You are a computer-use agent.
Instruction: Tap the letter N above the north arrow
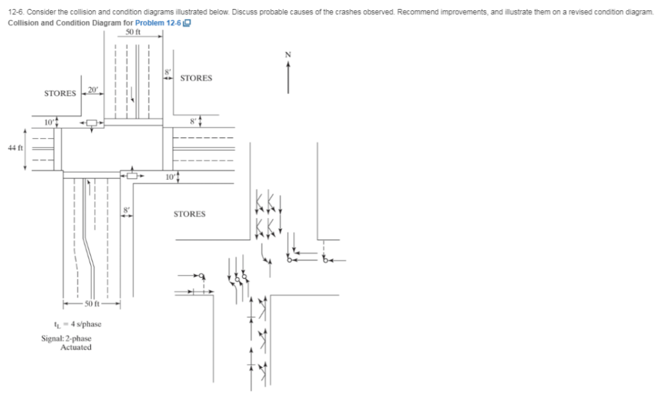[288, 55]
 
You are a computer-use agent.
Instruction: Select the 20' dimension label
[93, 90]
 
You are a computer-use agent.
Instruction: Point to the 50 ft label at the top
[133, 32]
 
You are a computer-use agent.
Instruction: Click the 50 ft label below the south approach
[93, 303]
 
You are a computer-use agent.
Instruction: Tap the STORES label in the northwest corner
[59, 93]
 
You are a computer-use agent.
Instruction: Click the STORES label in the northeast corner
[196, 78]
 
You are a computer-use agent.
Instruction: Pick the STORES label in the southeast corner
[189, 214]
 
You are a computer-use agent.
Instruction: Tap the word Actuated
[75, 347]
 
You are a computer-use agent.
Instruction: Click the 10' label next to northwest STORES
[49, 121]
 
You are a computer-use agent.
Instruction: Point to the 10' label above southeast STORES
[169, 176]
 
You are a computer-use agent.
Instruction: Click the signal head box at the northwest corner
[92, 122]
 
